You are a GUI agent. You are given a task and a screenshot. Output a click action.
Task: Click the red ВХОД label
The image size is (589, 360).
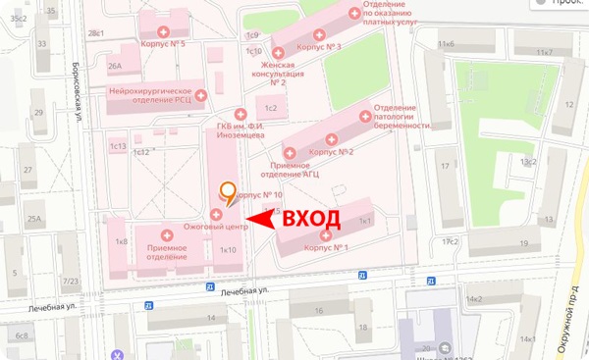click(x=312, y=219)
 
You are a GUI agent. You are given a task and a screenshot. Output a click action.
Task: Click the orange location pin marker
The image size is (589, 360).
click(x=228, y=193)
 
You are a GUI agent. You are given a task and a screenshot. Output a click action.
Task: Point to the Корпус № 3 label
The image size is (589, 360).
click(x=318, y=46)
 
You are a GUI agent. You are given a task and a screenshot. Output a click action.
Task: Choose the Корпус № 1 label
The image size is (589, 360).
click(x=328, y=248)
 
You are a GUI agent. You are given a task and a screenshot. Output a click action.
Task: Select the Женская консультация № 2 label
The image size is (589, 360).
click(x=278, y=74)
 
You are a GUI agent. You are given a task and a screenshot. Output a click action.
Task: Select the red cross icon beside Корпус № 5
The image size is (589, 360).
click(x=178, y=17)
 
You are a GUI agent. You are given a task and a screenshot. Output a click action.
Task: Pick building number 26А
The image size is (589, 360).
click(x=115, y=67)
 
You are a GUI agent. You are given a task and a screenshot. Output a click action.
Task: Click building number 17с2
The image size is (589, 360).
click(x=451, y=240)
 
